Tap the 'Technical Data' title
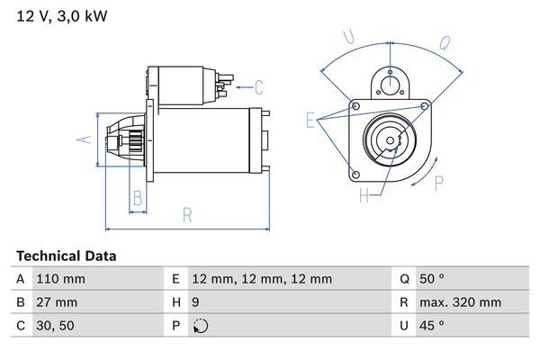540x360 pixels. (67, 256)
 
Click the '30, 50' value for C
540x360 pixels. (53, 326)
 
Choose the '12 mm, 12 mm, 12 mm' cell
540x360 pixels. (262, 279)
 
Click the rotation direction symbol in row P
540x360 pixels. (199, 327)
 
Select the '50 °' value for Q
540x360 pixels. (434, 279)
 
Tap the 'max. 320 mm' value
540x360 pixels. (463, 302)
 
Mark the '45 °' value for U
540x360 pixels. (434, 326)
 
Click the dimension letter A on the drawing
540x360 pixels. (82, 139)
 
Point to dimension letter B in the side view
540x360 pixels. (138, 198)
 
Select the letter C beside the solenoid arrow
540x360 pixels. (258, 87)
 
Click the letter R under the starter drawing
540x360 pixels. (187, 214)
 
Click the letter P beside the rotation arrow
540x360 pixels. (439, 183)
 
